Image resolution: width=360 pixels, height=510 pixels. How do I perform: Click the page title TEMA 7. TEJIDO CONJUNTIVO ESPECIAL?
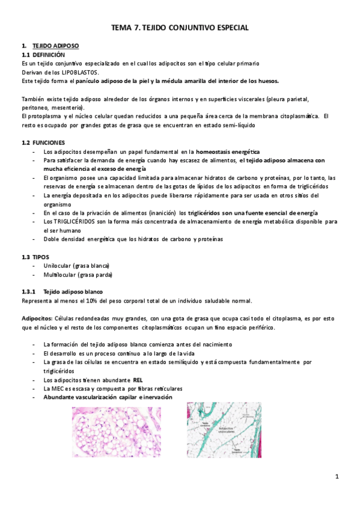click(x=180, y=28)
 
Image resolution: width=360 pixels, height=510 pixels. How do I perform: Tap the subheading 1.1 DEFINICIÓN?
click(x=43, y=55)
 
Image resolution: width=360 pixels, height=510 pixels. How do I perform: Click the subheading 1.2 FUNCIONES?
click(x=43, y=142)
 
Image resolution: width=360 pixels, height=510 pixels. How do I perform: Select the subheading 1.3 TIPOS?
click(x=35, y=257)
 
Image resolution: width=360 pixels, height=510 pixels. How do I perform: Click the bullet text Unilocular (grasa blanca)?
click(x=76, y=266)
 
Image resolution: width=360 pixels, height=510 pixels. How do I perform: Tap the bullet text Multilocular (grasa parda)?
click(x=78, y=275)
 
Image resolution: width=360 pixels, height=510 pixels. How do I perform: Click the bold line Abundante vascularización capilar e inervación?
click(x=108, y=397)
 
